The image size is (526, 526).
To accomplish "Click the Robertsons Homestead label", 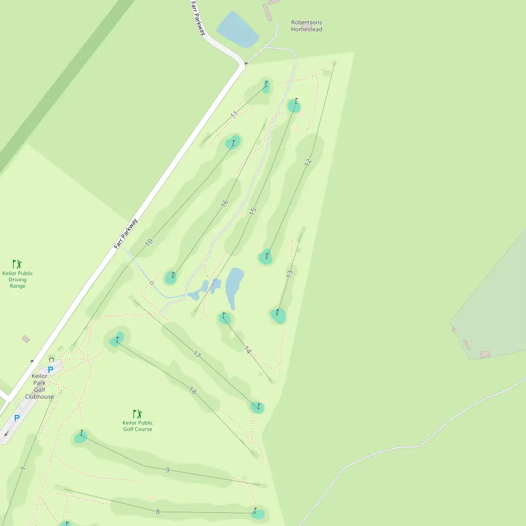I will (307, 26).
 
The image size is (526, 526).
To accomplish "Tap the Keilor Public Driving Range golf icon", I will (17, 264).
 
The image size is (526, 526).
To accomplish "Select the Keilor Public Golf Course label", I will (137, 426).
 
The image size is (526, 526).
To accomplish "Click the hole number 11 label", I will (235, 114).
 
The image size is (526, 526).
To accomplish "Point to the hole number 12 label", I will (308, 162).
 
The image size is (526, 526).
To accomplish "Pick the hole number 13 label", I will (289, 274).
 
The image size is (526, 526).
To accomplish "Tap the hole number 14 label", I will (248, 350).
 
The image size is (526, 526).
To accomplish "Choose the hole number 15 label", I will (253, 211).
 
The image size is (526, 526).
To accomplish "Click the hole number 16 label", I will (225, 203).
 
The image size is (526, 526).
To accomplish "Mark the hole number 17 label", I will (197, 355).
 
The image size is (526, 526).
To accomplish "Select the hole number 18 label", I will (193, 391).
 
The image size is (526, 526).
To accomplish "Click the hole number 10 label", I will (149, 242).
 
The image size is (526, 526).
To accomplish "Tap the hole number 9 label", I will (167, 470).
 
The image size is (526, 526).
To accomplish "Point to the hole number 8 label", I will (157, 511).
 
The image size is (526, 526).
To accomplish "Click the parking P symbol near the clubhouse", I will (50, 370).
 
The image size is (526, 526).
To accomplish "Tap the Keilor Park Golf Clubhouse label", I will (39, 386).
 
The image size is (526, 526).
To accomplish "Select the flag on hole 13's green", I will (277, 312).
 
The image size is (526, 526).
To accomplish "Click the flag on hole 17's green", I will (258, 406).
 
